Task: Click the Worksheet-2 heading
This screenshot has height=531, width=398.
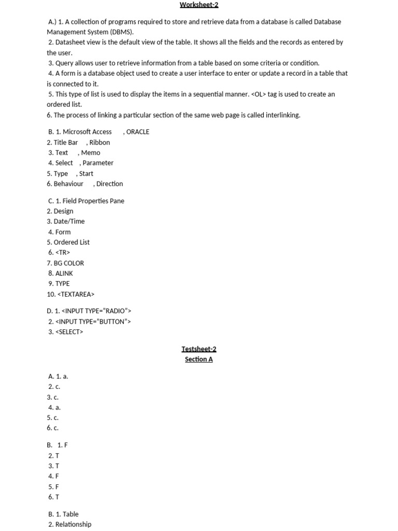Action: [199, 5]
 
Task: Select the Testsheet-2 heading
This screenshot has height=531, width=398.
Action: [199, 349]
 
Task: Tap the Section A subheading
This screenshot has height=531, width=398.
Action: [199, 359]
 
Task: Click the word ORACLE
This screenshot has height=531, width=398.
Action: [138, 132]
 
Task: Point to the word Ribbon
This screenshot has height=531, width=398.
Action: [99, 142]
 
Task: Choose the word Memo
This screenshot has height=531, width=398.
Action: [91, 152]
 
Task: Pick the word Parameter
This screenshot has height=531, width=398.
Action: [98, 163]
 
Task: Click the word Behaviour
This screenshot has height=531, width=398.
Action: [68, 184]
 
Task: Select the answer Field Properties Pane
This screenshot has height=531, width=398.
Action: [93, 201]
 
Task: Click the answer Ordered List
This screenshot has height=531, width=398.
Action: [72, 242]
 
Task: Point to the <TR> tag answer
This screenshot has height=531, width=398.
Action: [63, 253]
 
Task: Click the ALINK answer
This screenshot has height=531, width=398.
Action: [64, 273]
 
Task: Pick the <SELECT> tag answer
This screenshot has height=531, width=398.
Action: [69, 332]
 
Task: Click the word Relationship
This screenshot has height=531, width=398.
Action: [73, 524]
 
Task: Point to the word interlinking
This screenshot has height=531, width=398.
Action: [282, 115]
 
